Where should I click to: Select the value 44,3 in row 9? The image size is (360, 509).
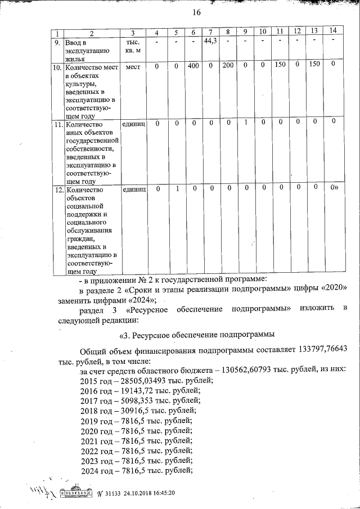click(x=210, y=40)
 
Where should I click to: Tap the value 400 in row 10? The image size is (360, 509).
click(x=194, y=65)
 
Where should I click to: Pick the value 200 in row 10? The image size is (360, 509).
click(x=228, y=65)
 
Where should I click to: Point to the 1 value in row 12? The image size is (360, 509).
click(x=177, y=188)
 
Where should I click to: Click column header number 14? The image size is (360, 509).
click(x=334, y=30)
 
